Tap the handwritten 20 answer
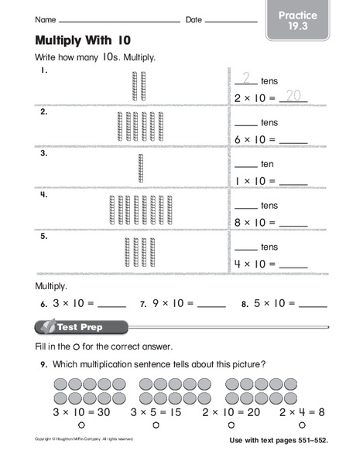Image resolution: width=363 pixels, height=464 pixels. point(293,96)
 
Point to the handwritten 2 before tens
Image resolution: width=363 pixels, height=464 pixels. point(247,77)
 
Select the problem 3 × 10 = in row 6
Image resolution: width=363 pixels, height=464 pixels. point(72,303)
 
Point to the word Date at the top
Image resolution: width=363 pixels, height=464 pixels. point(193,18)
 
